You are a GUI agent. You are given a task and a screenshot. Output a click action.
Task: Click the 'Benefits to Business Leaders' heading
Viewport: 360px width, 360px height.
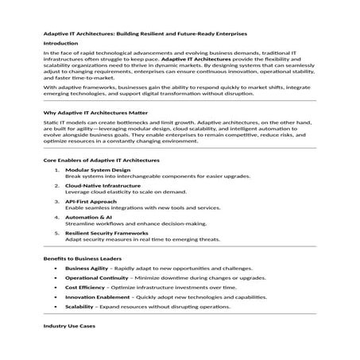point(81,258)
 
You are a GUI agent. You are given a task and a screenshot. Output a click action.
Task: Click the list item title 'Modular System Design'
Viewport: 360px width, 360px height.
point(97,170)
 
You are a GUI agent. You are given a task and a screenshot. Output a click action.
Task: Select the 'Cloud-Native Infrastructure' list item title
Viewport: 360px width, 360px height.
point(103,185)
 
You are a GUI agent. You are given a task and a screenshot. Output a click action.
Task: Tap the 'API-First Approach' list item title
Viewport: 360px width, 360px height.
point(91,201)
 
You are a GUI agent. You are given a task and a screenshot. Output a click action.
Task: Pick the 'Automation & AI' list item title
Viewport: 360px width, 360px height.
point(87,216)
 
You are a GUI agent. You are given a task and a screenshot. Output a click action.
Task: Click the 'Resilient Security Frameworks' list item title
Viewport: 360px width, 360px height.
point(106,232)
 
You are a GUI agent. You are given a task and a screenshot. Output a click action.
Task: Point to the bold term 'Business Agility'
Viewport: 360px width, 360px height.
point(87,269)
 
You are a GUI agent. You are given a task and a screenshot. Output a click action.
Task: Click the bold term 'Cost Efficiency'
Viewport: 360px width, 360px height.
point(86,288)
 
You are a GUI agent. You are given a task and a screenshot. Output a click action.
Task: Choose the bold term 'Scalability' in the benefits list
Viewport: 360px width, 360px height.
point(79,307)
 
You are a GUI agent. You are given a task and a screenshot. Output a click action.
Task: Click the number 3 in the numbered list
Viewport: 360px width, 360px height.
point(56,201)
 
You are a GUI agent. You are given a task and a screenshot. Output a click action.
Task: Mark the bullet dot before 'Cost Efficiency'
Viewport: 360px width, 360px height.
point(55,288)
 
